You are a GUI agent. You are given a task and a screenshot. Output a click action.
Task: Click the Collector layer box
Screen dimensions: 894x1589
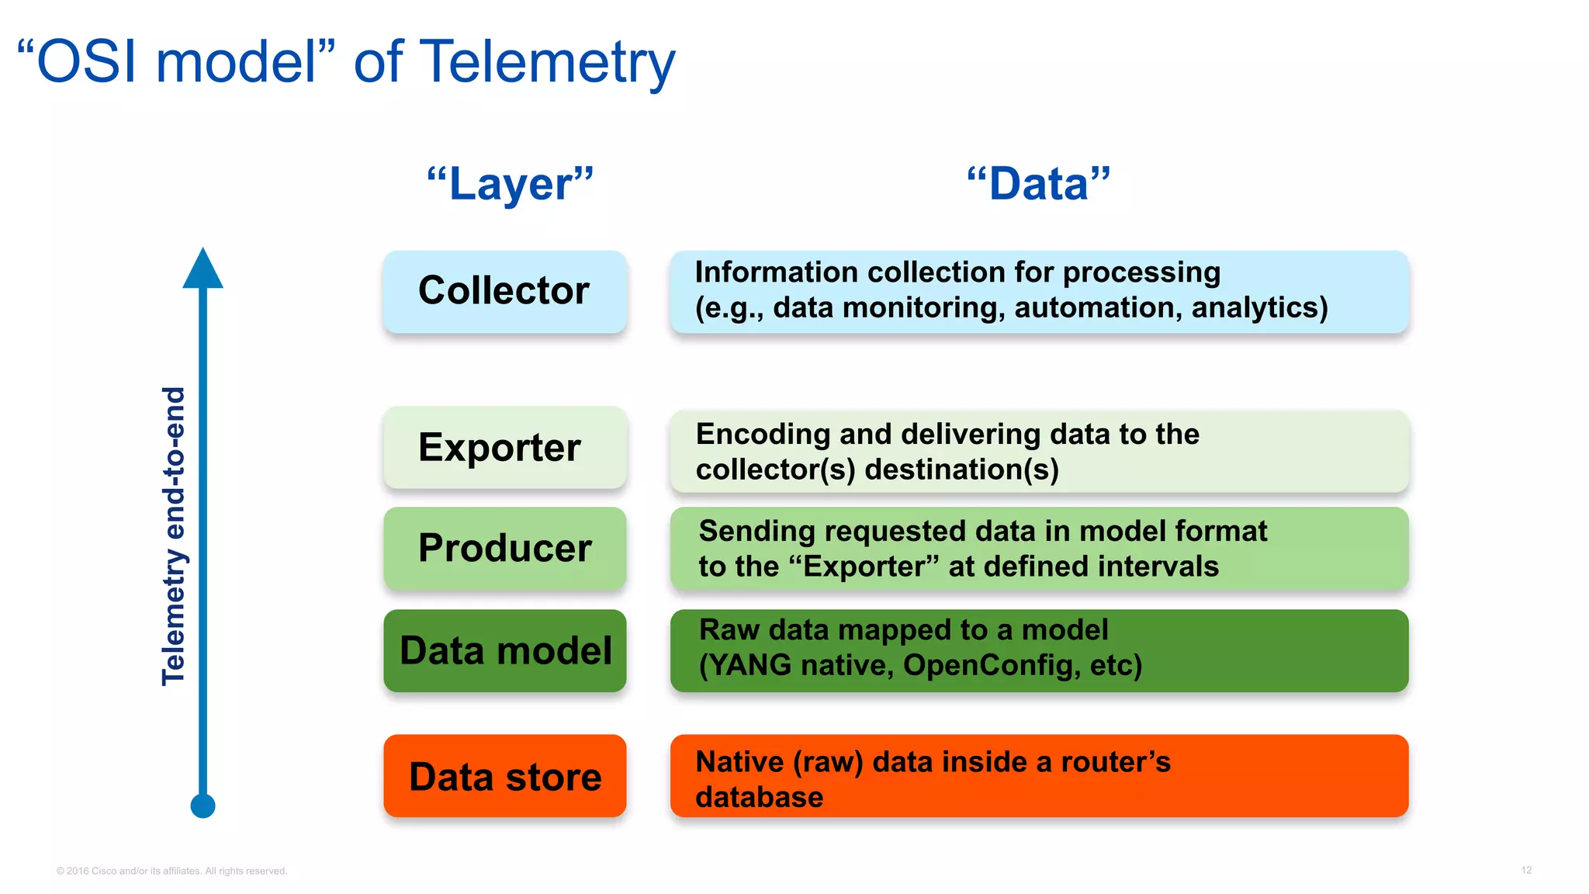(x=504, y=292)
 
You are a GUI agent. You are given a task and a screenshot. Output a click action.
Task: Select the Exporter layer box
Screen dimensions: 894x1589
(x=504, y=448)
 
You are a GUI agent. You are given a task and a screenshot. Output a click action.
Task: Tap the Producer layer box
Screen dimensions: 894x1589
(x=504, y=548)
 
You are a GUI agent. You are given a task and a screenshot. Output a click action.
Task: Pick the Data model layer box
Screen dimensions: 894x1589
(x=504, y=650)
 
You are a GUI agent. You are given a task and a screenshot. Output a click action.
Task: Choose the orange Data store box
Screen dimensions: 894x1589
(x=504, y=776)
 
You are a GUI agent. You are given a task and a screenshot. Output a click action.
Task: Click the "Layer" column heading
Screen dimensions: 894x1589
(x=510, y=185)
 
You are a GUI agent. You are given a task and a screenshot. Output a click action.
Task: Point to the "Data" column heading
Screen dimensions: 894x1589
(x=1038, y=185)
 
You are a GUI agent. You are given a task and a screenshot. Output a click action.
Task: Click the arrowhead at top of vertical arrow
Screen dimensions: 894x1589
(x=203, y=269)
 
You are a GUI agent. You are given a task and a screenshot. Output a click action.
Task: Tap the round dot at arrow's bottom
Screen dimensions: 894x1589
(x=203, y=806)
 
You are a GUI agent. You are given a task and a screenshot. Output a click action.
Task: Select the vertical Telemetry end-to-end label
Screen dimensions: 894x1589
(x=174, y=535)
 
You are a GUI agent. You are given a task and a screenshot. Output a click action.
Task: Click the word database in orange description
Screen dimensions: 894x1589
(x=759, y=798)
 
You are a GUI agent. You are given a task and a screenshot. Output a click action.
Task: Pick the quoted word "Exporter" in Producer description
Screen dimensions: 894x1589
(x=864, y=567)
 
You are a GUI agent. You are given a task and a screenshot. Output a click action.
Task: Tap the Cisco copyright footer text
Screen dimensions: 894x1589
(x=171, y=871)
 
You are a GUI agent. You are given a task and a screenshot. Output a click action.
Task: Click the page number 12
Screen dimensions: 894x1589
(x=1525, y=870)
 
